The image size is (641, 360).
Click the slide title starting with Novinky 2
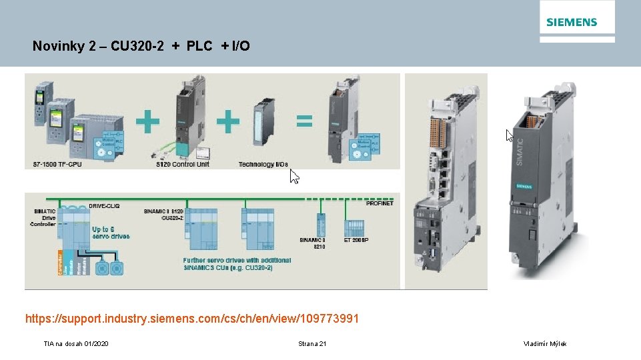[141, 46]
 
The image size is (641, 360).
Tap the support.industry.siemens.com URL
[192, 319]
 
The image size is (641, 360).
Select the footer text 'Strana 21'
[313, 343]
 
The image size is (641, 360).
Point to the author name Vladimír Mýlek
[546, 343]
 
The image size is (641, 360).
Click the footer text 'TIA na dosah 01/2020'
[76, 343]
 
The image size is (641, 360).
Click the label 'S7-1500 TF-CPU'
[57, 164]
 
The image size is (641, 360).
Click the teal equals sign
[304, 121]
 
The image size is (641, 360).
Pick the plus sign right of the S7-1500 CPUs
[147, 122]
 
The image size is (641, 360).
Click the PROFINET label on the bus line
[380, 203]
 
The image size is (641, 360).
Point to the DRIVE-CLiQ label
[106, 207]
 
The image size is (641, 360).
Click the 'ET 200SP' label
[357, 239]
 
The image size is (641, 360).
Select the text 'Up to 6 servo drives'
[111, 233]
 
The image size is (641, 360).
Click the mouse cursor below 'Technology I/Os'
[294, 177]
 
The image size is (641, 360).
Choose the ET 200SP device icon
[352, 224]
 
